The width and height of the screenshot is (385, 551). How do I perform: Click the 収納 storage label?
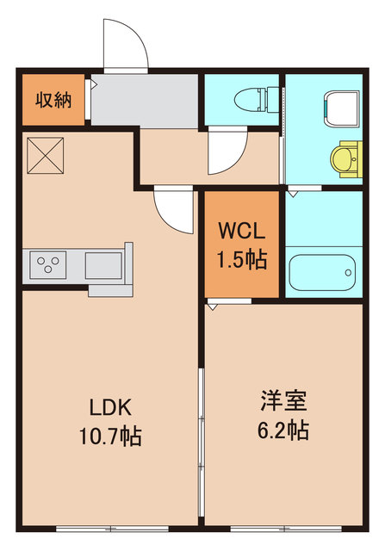click(x=53, y=99)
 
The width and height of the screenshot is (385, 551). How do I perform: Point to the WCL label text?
click(x=241, y=232)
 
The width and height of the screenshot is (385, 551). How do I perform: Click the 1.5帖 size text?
click(x=241, y=257)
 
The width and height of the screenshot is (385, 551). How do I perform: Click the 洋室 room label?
click(x=283, y=401)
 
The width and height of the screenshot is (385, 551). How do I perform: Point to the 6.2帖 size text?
click(x=283, y=430)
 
